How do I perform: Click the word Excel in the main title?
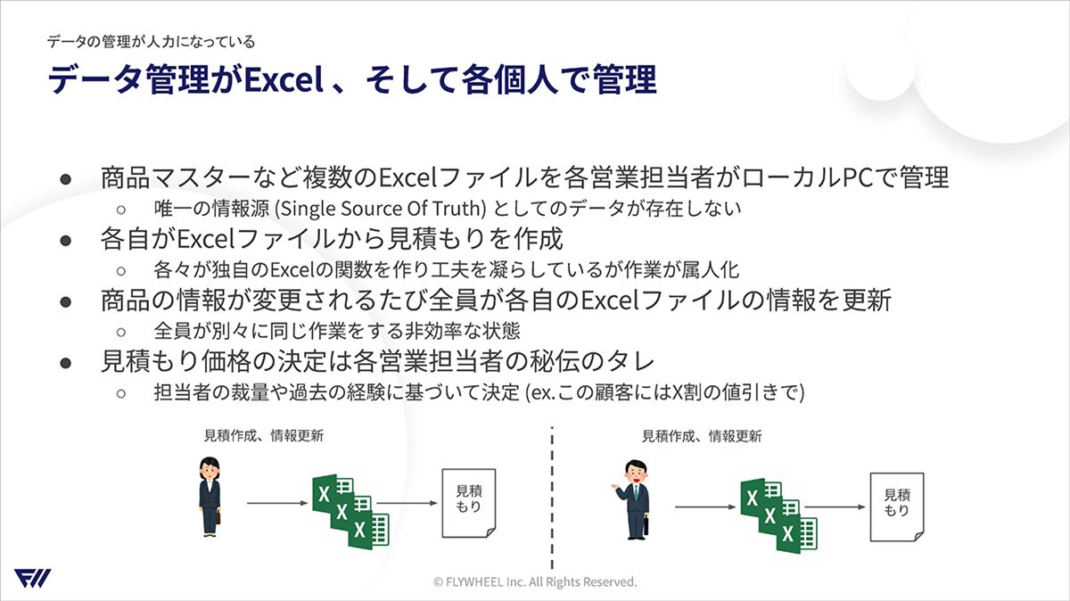click(x=284, y=79)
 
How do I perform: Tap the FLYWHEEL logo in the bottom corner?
click(x=32, y=578)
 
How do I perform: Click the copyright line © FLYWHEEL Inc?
click(x=535, y=582)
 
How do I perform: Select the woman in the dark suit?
click(x=210, y=497)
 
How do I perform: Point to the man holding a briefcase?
click(x=633, y=499)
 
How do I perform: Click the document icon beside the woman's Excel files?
click(x=469, y=503)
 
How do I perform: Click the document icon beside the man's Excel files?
click(x=897, y=506)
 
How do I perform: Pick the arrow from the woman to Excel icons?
click(x=277, y=503)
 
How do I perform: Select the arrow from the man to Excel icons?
click(x=705, y=506)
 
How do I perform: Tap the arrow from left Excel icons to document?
click(x=407, y=503)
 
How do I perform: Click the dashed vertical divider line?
click(x=552, y=498)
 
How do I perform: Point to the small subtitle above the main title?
click(x=151, y=42)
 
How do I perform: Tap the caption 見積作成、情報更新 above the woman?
click(x=264, y=436)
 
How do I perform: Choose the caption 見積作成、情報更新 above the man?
click(x=702, y=436)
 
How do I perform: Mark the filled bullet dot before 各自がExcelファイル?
click(x=65, y=240)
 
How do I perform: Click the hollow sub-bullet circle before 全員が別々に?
click(x=121, y=332)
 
